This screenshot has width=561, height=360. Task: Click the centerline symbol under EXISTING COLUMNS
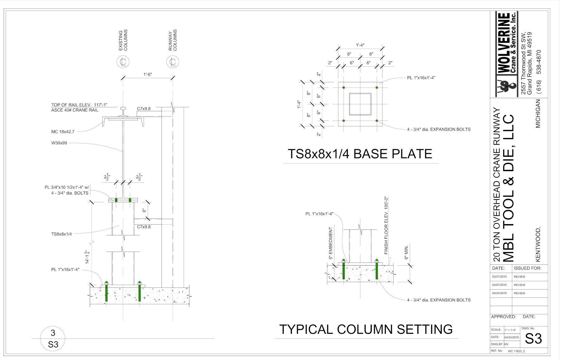[x=123, y=62]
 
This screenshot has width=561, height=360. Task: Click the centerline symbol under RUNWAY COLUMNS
[x=173, y=62]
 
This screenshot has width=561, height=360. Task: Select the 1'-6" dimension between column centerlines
[x=148, y=74]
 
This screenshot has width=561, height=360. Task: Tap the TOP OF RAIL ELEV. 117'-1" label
[x=79, y=105]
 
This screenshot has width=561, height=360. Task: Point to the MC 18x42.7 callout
[x=63, y=132]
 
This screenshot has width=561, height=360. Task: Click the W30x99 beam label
[x=59, y=143]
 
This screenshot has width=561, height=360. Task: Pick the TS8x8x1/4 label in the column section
[x=61, y=234]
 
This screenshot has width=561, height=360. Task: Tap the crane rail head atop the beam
[x=123, y=110]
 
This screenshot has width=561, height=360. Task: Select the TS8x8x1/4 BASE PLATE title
[x=360, y=154]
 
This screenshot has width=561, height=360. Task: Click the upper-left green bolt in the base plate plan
[x=343, y=88]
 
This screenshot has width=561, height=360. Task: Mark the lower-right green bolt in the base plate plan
[x=377, y=121]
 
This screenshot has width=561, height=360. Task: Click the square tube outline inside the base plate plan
[x=360, y=104]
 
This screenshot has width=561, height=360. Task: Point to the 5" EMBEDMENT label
[x=331, y=243]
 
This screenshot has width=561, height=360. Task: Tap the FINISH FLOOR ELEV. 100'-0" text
[x=386, y=225]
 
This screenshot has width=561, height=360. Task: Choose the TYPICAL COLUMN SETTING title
[x=366, y=329]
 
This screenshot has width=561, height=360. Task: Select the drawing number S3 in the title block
[x=533, y=339]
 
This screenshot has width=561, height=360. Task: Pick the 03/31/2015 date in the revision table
[x=500, y=277]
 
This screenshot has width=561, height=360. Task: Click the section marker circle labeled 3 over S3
[x=53, y=338]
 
